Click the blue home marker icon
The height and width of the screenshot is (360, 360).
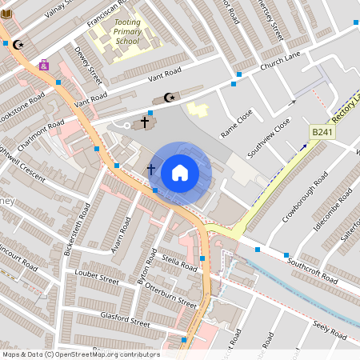tap(180, 172)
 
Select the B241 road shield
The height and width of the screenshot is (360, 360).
tap(322, 131)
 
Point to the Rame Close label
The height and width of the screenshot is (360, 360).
tap(237, 120)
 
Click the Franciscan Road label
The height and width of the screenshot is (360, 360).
tap(107, 17)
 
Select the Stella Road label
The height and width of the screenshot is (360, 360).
tap(179, 262)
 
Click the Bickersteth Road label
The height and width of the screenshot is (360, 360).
tap(77, 228)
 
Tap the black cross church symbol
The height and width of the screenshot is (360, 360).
tap(145, 122)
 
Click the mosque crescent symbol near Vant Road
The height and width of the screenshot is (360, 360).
tap(169, 98)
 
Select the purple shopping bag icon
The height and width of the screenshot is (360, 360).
tap(43, 65)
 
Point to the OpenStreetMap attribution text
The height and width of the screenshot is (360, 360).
tap(80, 354)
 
